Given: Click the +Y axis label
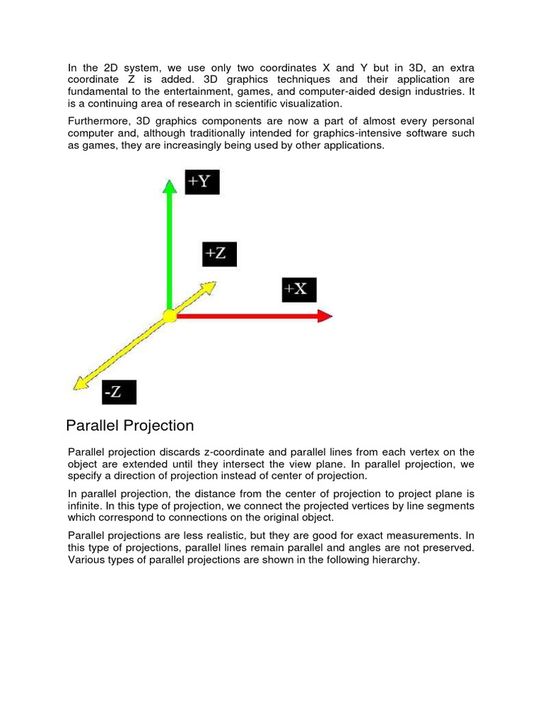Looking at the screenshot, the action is [202, 182].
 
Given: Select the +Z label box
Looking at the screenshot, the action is [219, 254].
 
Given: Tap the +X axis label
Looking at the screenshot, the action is [299, 290].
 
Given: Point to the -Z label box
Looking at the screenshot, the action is [118, 392].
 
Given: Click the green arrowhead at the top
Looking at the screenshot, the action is [169, 186].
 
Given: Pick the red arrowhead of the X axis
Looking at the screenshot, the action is [325, 316].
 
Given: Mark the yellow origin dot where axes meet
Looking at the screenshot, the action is [169, 316].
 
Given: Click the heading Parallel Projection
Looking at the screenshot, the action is [129, 426].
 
